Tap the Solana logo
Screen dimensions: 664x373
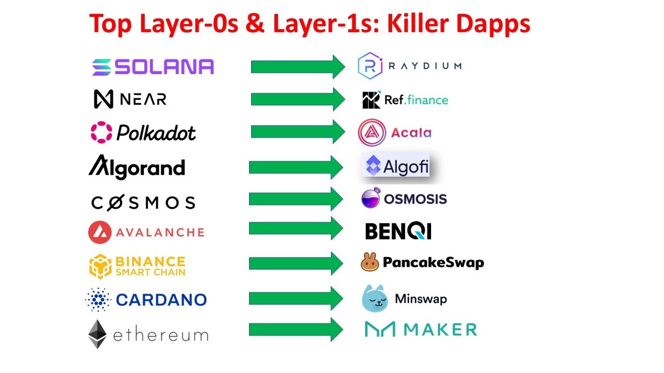153,67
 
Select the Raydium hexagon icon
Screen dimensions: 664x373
370,66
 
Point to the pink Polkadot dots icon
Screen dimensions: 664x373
101,132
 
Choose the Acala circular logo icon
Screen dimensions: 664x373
371,133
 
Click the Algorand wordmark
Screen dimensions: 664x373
136,168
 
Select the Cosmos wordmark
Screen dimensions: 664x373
143,203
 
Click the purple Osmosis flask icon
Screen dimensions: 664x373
371,199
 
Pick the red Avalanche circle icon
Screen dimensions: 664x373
100,232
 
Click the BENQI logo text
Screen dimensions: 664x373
398,231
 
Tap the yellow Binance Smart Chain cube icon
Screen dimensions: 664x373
100,266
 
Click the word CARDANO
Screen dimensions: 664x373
161,299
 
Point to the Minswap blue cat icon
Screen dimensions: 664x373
375,298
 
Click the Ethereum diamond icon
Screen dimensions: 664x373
98,334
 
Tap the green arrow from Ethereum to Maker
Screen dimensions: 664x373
296,329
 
